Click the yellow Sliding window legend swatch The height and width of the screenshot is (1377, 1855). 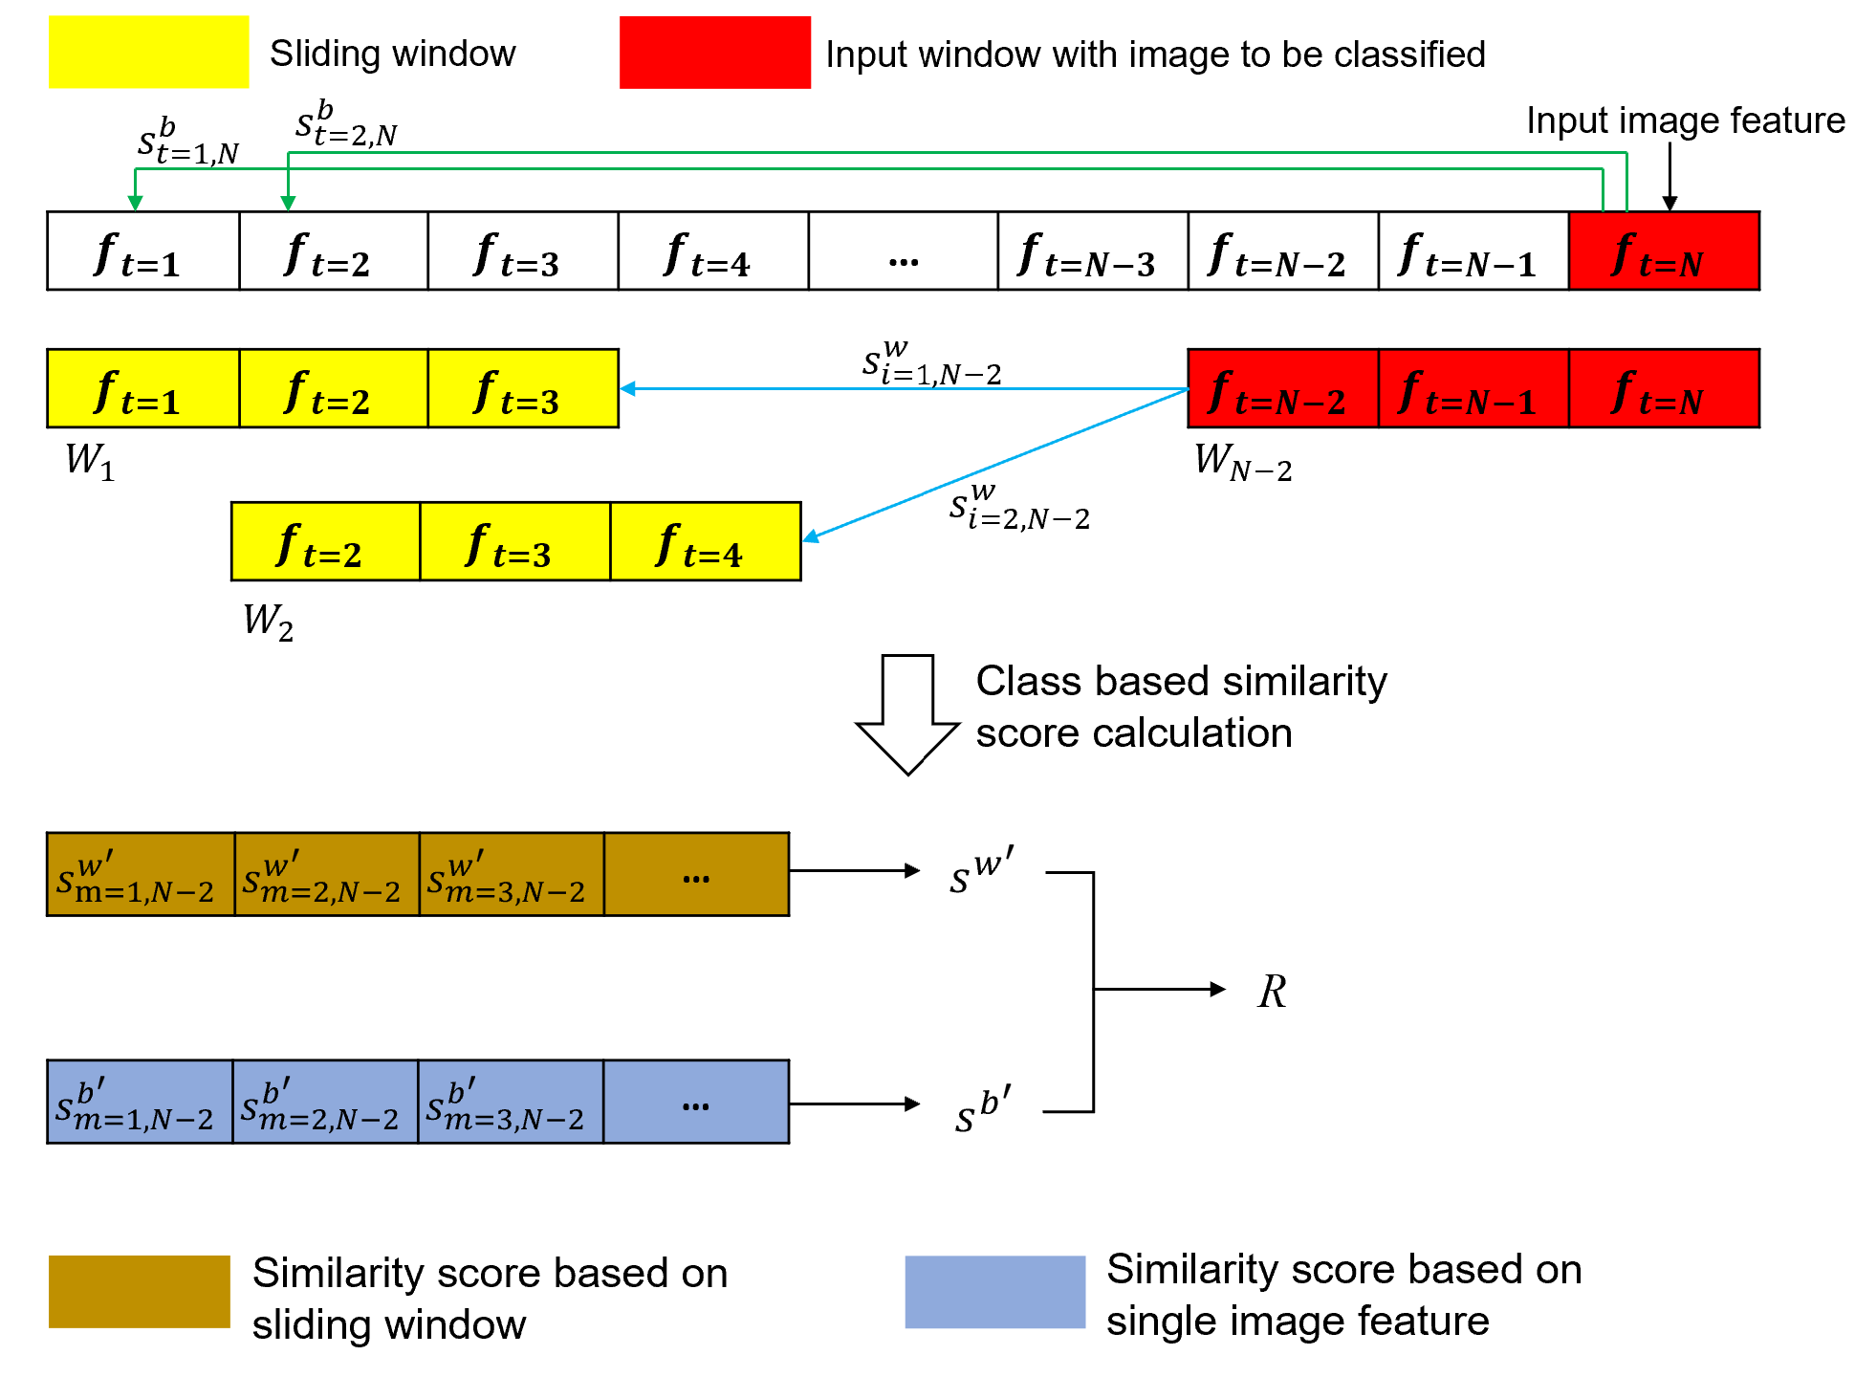tap(148, 53)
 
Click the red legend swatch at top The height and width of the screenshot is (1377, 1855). tap(714, 53)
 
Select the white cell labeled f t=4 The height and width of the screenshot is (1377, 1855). tap(712, 251)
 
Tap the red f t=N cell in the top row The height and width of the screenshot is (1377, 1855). tap(1664, 251)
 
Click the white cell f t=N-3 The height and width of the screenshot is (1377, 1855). tap(1092, 251)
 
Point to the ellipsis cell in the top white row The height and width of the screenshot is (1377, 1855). tap(903, 251)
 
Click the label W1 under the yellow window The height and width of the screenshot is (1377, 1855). tap(90, 462)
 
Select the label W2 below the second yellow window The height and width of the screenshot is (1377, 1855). tap(268, 622)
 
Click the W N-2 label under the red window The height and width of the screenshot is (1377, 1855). tap(1242, 462)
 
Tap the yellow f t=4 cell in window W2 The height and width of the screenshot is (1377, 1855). tap(705, 542)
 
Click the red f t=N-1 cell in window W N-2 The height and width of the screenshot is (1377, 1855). tap(1473, 389)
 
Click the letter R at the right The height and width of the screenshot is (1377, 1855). tap(1272, 992)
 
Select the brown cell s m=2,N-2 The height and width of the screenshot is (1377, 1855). tap(326, 875)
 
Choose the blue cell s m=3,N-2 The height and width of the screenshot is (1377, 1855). tap(510, 1103)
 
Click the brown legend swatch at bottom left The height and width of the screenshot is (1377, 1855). tap(139, 1292)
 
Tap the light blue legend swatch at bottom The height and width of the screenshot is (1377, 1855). tap(994, 1292)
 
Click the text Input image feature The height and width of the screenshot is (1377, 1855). tap(1685, 121)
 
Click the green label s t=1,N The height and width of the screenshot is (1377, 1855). tap(187, 142)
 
